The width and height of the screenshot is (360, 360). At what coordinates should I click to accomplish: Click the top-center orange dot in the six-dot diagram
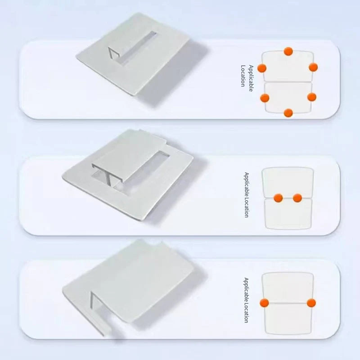coord(288,51)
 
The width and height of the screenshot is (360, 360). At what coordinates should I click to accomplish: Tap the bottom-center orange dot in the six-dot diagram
coord(288,113)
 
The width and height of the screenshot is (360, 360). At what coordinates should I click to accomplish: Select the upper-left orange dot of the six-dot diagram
coord(262,68)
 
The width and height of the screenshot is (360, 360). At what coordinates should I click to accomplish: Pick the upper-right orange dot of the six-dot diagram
coord(313,67)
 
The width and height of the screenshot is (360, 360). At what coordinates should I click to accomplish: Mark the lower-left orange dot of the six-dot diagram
coord(265,98)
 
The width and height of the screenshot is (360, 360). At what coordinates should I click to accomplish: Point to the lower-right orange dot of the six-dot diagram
coord(312,97)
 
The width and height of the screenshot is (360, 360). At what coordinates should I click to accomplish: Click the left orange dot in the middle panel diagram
coord(278,198)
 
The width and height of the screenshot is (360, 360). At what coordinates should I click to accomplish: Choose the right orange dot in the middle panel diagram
coord(297,198)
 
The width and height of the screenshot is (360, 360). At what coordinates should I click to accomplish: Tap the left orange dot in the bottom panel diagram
coord(264,303)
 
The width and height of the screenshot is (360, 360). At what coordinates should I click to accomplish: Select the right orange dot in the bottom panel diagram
coord(311,303)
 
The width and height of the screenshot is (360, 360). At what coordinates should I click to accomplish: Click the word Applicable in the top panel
coord(251,78)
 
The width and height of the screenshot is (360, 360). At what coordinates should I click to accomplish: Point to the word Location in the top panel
coord(243,76)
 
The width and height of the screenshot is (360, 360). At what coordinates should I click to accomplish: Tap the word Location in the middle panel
coord(246,207)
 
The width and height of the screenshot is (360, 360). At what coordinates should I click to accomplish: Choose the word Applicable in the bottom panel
coord(246,290)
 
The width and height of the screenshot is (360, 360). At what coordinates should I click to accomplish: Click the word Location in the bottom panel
coord(246,313)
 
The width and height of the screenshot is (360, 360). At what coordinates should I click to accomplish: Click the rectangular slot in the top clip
coord(138,48)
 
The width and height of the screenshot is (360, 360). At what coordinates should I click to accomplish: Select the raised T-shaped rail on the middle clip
coord(129,161)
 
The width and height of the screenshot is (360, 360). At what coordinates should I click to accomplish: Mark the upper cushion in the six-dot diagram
coord(288,66)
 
